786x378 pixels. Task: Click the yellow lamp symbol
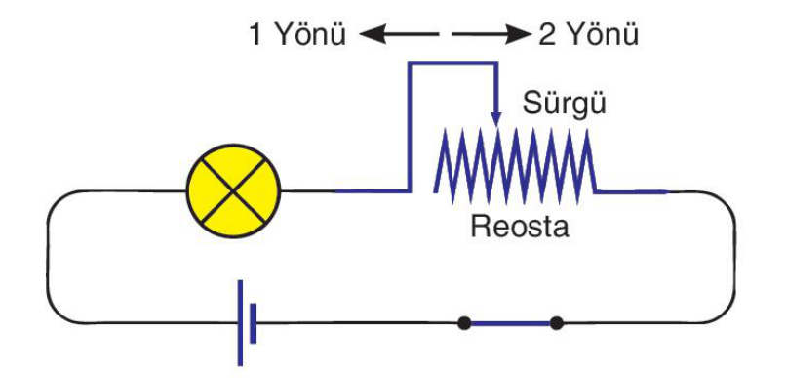tap(233, 190)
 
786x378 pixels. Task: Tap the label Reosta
tap(520, 227)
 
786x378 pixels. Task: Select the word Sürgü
tap(564, 105)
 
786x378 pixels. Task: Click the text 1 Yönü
tap(297, 35)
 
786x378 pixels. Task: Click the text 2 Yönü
tap(588, 35)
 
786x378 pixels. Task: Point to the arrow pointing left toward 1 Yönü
tap(399, 35)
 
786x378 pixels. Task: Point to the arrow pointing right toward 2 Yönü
tap(491, 35)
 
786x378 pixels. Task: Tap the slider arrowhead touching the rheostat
tap(496, 119)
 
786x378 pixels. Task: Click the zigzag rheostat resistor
tap(515, 166)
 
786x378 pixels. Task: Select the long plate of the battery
tap(240, 322)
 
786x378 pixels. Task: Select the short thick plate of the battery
tap(254, 323)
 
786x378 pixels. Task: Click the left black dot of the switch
tap(464, 323)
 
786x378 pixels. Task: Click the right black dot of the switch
tap(557, 323)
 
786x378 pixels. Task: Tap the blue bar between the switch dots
tap(510, 323)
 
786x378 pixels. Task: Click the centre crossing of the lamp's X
tap(233, 190)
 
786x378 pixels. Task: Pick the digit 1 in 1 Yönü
tap(255, 35)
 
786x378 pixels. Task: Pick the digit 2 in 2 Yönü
tap(546, 35)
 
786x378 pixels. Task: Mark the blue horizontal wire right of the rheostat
tap(631, 191)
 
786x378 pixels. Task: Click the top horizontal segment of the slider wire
tap(453, 63)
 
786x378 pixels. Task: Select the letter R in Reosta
tap(480, 227)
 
